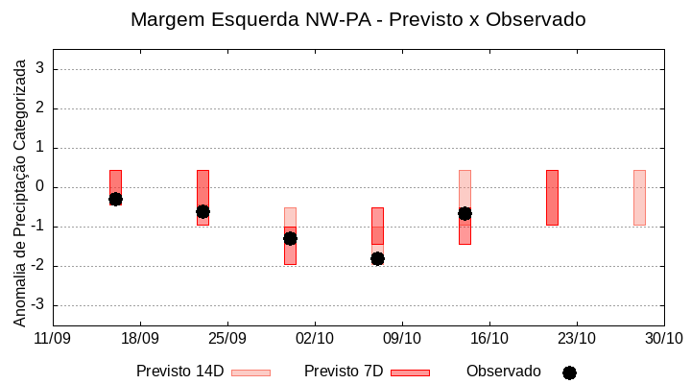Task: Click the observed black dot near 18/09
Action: click(x=115, y=199)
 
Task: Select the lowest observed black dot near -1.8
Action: click(x=377, y=258)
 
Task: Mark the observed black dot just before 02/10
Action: click(x=290, y=238)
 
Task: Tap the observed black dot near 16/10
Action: click(x=465, y=213)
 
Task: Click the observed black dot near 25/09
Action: click(x=203, y=211)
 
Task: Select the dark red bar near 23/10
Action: click(x=552, y=197)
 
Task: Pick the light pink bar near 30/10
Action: click(x=639, y=197)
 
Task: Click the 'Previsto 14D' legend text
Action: click(x=179, y=372)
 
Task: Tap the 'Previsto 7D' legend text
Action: click(x=344, y=372)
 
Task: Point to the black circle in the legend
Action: click(x=569, y=372)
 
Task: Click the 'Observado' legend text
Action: click(x=504, y=372)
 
